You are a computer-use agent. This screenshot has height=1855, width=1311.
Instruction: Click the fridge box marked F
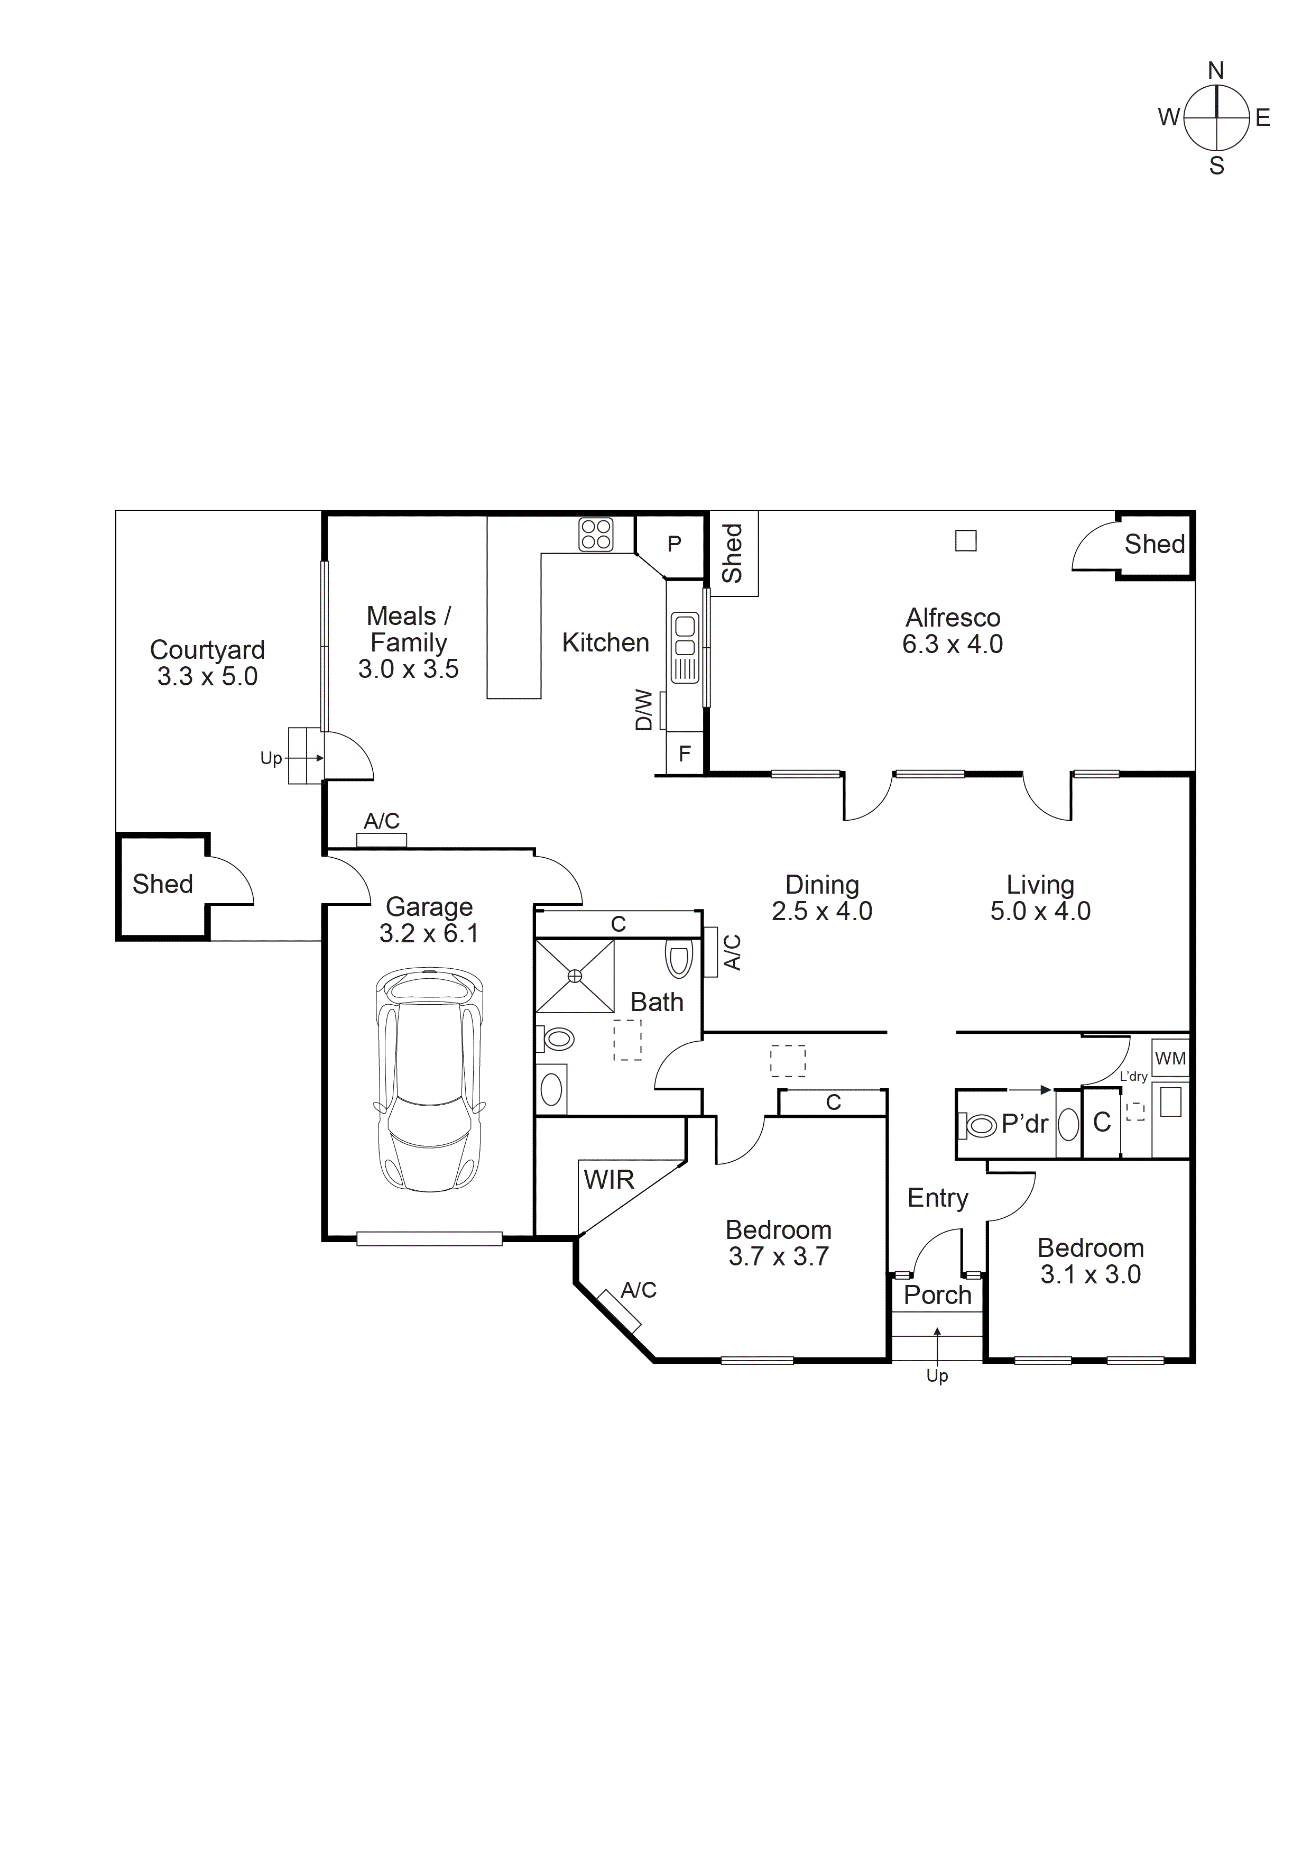pyautogui.click(x=684, y=754)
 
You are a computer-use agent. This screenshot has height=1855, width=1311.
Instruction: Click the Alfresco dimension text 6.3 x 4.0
pyautogui.click(x=953, y=644)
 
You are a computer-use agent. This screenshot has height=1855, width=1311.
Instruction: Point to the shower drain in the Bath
pyautogui.click(x=575, y=976)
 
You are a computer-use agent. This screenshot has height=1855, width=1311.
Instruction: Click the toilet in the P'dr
pyautogui.click(x=980, y=1125)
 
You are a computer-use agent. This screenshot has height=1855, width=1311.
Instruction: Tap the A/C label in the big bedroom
pyautogui.click(x=638, y=1290)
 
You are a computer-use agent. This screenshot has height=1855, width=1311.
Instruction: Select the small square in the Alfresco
pyautogui.click(x=966, y=540)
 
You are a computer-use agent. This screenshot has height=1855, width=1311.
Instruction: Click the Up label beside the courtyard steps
pyautogui.click(x=271, y=758)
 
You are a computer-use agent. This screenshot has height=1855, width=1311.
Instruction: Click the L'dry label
pyautogui.click(x=1133, y=1077)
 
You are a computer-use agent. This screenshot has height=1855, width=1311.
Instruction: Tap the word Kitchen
pyautogui.click(x=606, y=642)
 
